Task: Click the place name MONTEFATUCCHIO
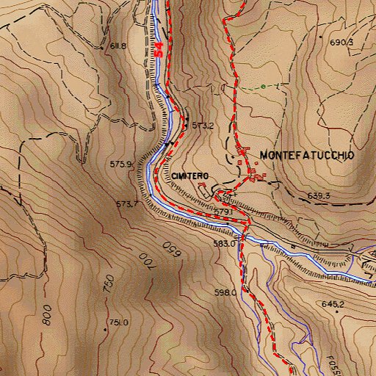(307, 156)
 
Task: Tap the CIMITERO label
(191, 176)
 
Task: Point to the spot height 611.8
(118, 46)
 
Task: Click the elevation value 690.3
(341, 43)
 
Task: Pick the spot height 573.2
(203, 126)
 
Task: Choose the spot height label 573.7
(126, 203)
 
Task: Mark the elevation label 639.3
(319, 195)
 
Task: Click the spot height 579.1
(223, 211)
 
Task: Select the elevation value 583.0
(224, 243)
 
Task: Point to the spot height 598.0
(225, 292)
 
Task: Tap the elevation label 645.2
(332, 303)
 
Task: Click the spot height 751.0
(119, 322)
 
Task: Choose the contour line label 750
(109, 283)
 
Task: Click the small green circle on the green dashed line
(262, 87)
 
